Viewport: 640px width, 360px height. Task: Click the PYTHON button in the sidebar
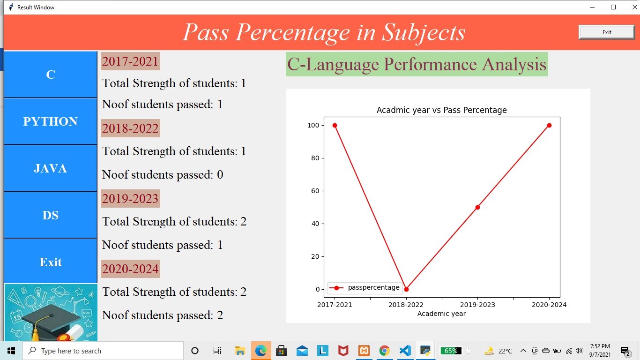pyautogui.click(x=50, y=121)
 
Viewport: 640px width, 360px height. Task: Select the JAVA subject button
pyautogui.click(x=50, y=168)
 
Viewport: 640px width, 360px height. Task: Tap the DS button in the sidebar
pyautogui.click(x=50, y=215)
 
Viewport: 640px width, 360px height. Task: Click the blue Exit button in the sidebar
pyautogui.click(x=50, y=262)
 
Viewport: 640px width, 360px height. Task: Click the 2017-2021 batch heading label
pyautogui.click(x=130, y=61)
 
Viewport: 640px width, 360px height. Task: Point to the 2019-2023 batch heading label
pyautogui.click(x=130, y=199)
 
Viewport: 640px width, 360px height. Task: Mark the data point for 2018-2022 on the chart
pyautogui.click(x=406, y=289)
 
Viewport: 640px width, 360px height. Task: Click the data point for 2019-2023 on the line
pyautogui.click(x=477, y=207)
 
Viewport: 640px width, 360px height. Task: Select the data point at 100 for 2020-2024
pyautogui.click(x=549, y=125)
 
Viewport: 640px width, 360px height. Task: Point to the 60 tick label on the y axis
pyautogui.click(x=313, y=191)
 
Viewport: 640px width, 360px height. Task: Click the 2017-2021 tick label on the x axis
pyautogui.click(x=335, y=305)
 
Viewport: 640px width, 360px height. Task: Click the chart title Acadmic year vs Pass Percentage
pyautogui.click(x=441, y=110)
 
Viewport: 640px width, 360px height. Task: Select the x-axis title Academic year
pyautogui.click(x=441, y=314)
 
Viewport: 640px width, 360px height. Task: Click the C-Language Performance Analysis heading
pyautogui.click(x=417, y=64)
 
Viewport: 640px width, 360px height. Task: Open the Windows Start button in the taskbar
pyautogui.click(x=11, y=351)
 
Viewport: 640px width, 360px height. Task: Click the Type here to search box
pyautogui.click(x=103, y=351)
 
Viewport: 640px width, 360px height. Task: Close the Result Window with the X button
pyautogui.click(x=634, y=7)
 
